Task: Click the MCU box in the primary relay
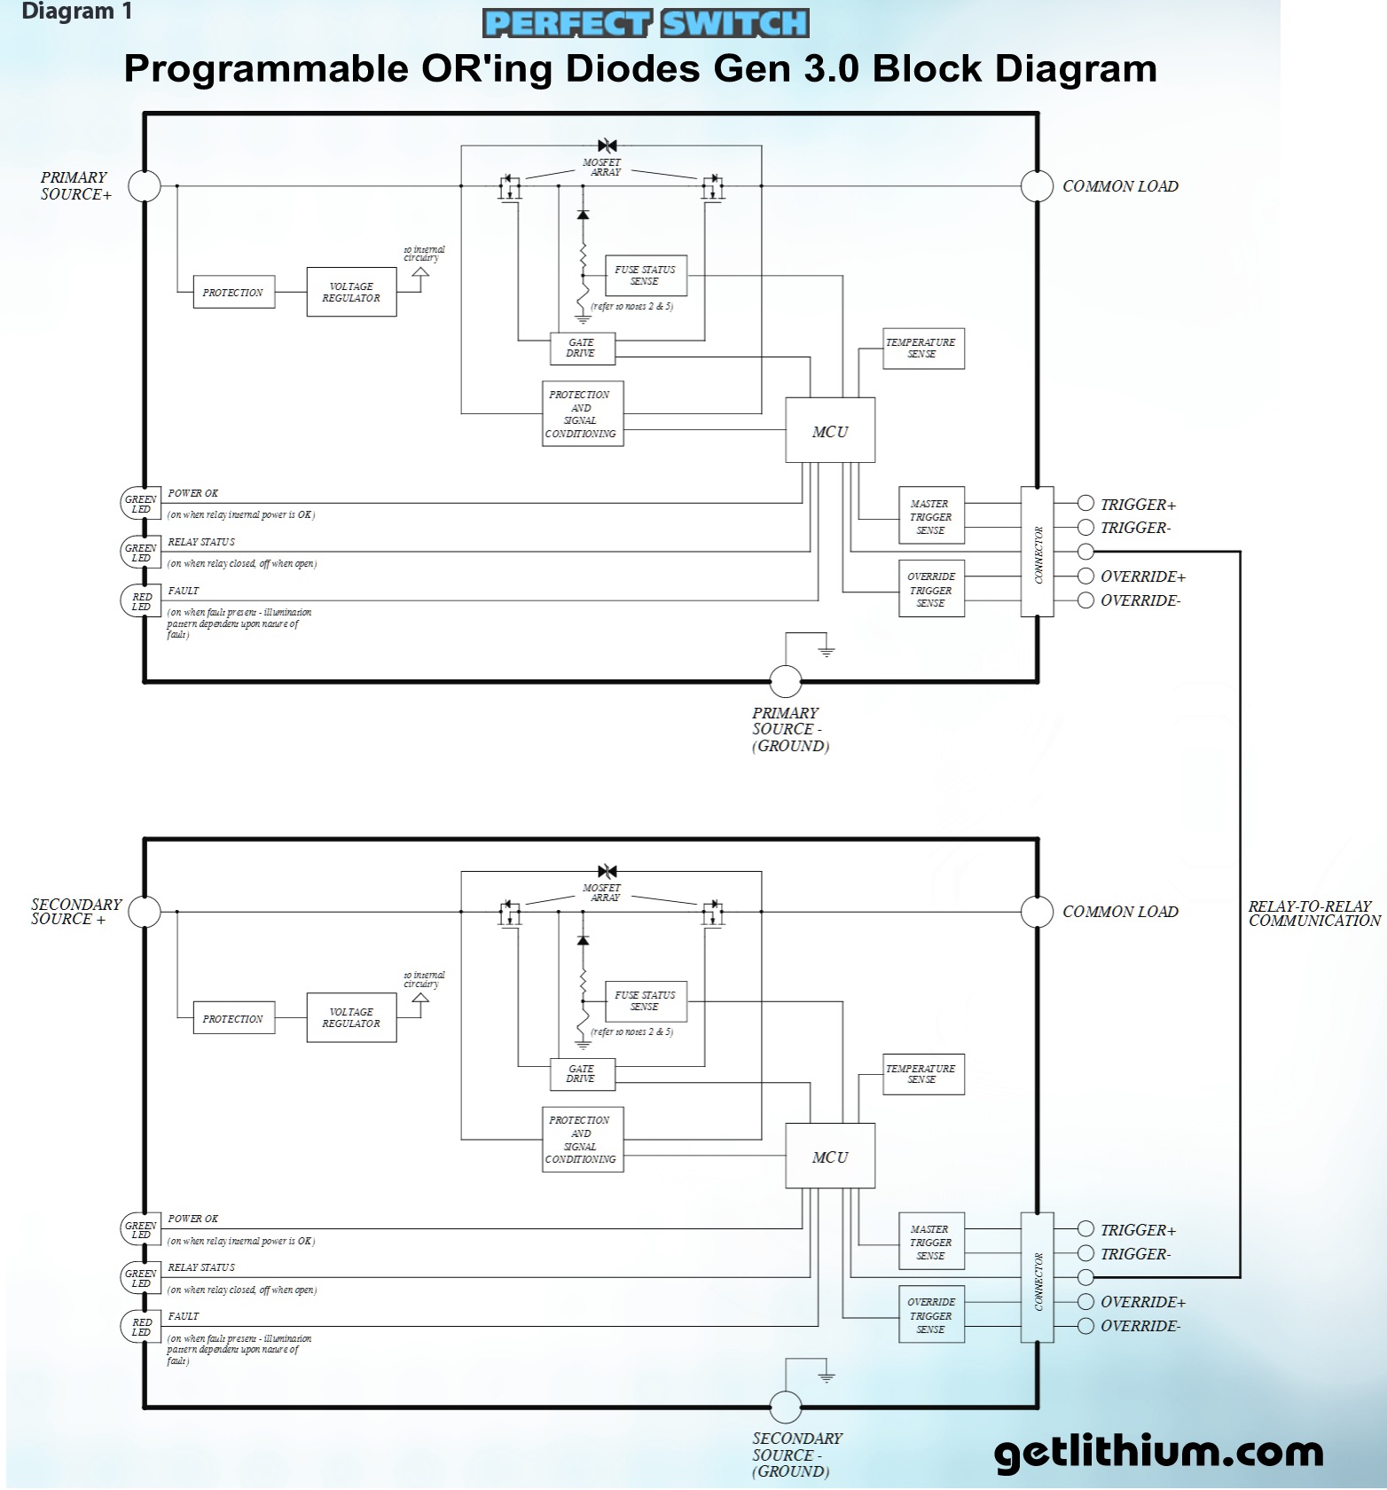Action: click(x=830, y=430)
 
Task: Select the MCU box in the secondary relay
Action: click(x=830, y=1156)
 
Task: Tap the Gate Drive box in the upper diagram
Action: click(x=582, y=348)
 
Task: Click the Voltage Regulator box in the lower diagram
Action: click(x=351, y=1017)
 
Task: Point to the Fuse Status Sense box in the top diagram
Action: click(x=645, y=275)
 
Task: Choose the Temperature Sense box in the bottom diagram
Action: click(x=922, y=1074)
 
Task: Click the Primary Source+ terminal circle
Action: click(x=145, y=186)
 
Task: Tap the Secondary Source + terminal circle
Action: click(x=145, y=911)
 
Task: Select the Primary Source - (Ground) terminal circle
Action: click(x=785, y=681)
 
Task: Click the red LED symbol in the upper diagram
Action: click(x=140, y=601)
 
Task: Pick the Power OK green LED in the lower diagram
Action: click(x=140, y=1229)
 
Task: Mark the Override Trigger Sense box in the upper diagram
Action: click(x=931, y=589)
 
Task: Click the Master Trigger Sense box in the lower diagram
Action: click(x=931, y=1242)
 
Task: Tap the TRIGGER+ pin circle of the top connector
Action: click(x=1085, y=503)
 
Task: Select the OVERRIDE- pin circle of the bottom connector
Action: click(x=1085, y=1326)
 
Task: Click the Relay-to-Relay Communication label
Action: click(x=1313, y=914)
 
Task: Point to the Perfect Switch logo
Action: click(x=646, y=23)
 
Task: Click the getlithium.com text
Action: click(x=1158, y=1452)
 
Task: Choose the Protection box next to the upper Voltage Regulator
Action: click(x=233, y=292)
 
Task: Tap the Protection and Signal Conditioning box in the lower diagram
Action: click(x=582, y=1139)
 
